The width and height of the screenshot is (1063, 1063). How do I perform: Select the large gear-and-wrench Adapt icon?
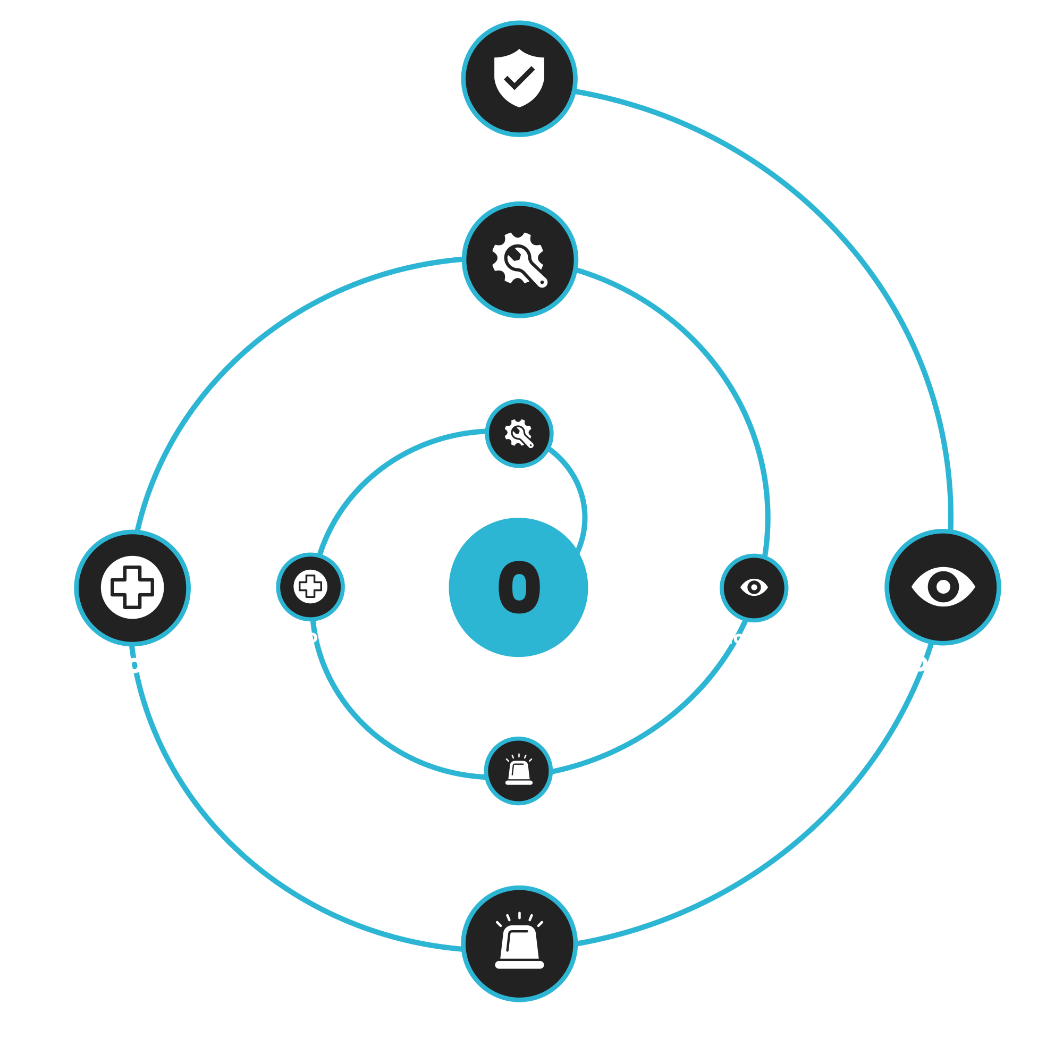click(x=519, y=259)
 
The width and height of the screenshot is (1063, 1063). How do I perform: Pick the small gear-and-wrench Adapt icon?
click(x=519, y=434)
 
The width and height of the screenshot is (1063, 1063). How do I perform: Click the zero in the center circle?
click(x=519, y=587)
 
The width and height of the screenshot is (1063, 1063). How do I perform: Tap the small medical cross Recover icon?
click(x=310, y=587)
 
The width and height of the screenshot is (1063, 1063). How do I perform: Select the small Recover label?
click(x=310, y=637)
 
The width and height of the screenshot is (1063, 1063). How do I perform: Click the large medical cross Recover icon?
click(x=132, y=588)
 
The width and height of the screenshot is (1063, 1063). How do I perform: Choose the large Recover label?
click(x=132, y=664)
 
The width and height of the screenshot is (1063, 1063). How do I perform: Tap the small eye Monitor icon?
click(x=754, y=587)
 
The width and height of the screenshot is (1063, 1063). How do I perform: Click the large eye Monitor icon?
click(x=943, y=587)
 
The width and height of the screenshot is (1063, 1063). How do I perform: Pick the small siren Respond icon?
click(x=518, y=771)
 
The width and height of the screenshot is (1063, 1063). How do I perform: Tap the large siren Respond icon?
click(x=519, y=943)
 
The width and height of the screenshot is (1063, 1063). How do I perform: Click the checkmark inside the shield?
click(x=519, y=78)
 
